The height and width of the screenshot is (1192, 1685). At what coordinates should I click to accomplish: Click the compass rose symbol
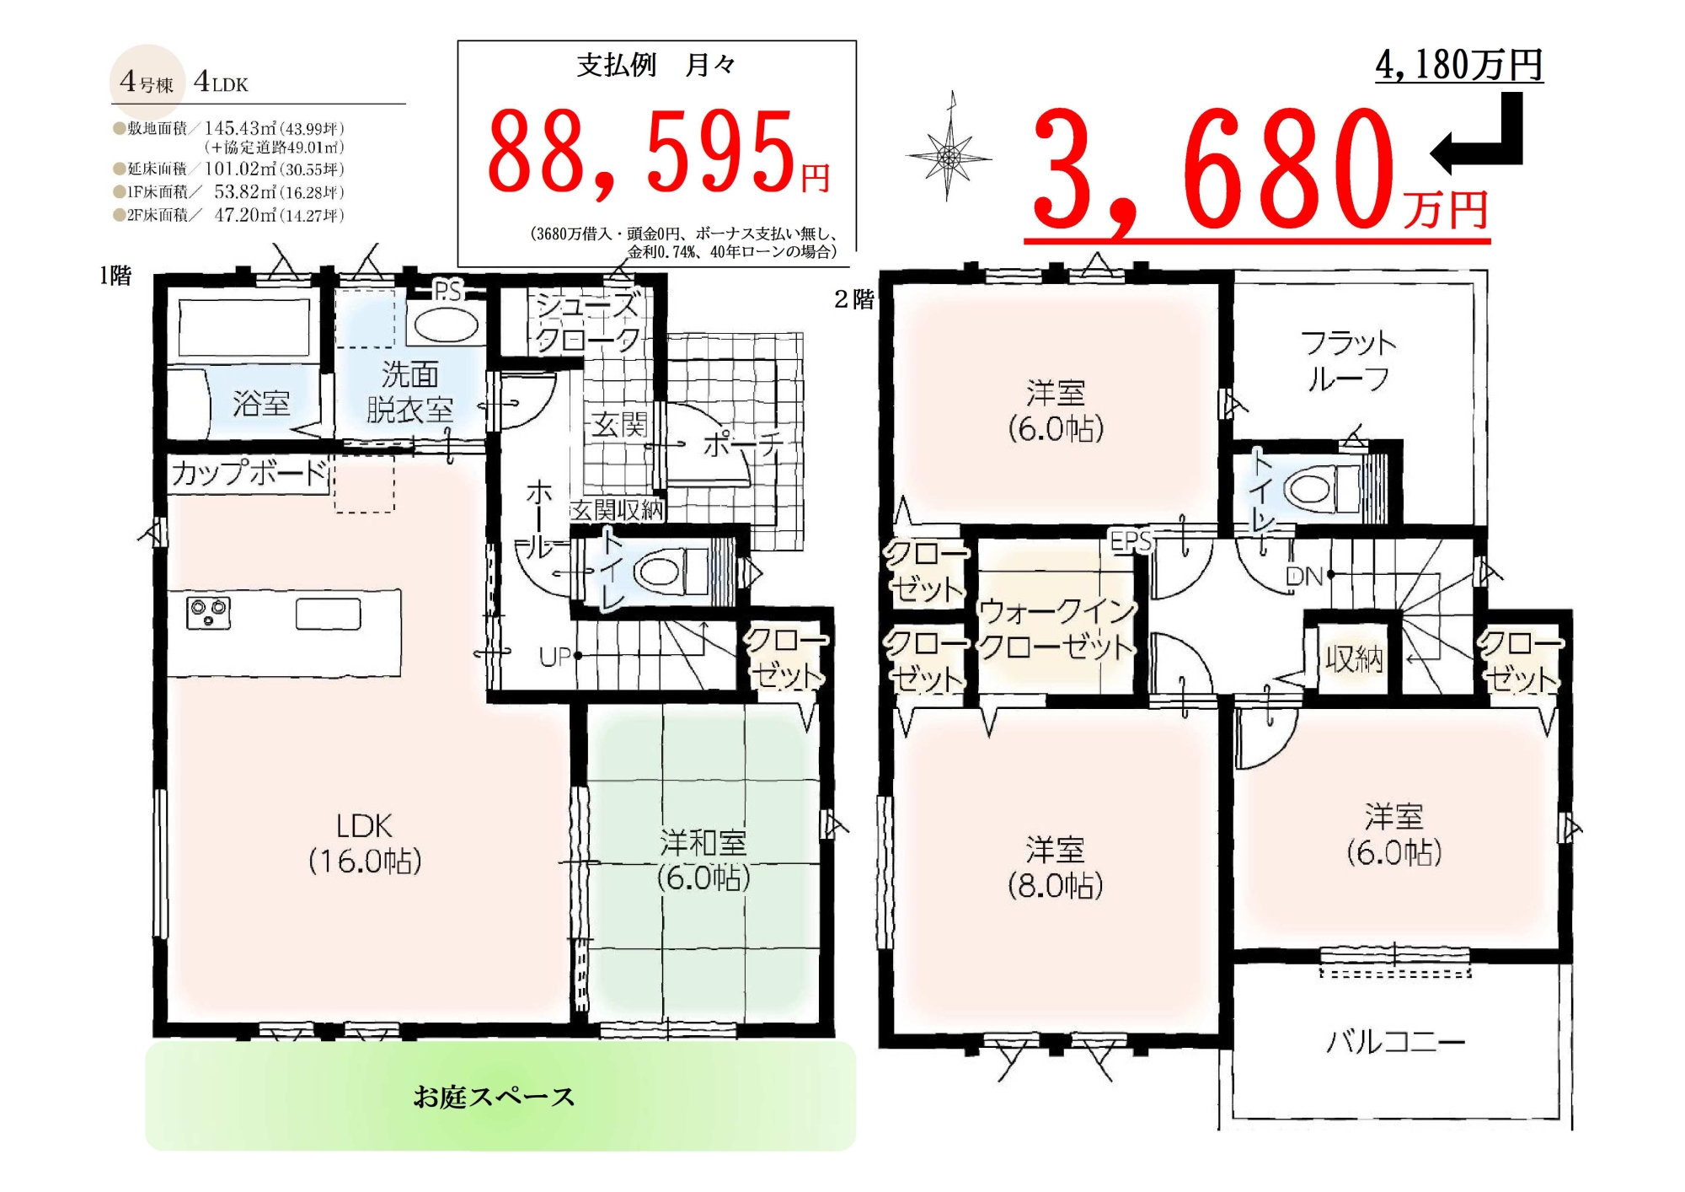[949, 156]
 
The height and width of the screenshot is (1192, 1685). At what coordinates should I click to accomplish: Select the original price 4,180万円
[1459, 65]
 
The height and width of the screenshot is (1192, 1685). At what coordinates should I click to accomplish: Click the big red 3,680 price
[1213, 173]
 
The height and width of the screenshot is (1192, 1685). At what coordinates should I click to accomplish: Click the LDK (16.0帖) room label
[365, 843]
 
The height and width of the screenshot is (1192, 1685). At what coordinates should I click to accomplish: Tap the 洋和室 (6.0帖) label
[703, 860]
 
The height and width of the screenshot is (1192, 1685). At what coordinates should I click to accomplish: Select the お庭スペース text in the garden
[494, 1097]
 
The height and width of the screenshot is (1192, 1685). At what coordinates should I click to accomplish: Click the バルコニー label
[1396, 1043]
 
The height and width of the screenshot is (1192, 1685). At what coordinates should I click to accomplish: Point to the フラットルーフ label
[1348, 361]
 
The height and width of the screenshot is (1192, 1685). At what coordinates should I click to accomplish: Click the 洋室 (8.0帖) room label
[1056, 867]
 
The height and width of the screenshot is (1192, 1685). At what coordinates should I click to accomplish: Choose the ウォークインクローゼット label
[1056, 629]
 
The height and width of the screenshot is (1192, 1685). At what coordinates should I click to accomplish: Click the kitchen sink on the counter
[328, 614]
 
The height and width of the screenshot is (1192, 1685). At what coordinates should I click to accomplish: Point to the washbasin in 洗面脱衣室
[446, 325]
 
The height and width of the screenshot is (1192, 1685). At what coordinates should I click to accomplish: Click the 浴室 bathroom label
[261, 404]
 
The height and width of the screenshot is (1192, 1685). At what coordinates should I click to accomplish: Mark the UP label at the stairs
[555, 657]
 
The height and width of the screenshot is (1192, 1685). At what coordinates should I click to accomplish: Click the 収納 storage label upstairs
[1354, 658]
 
